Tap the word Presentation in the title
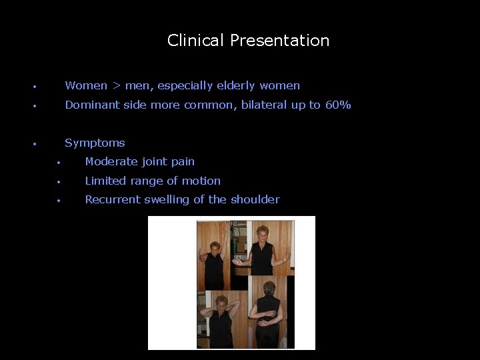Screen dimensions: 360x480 point(279,41)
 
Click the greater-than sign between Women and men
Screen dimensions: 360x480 point(116,85)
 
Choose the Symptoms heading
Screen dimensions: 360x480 point(95,143)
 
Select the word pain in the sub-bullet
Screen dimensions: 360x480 point(183,161)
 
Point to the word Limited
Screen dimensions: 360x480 point(106,181)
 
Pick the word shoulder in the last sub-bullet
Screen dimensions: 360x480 point(255,199)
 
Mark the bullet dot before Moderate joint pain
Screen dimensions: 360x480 point(59,162)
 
